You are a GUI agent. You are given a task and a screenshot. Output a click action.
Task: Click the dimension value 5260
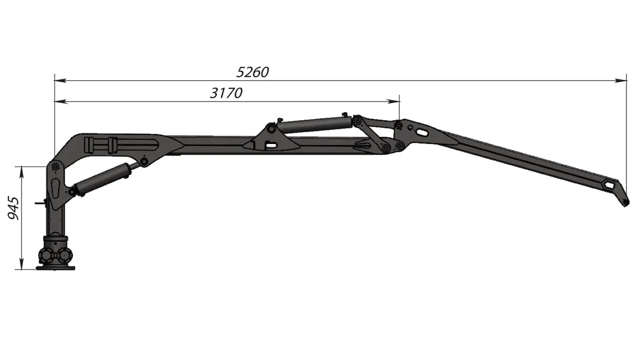point(252,72)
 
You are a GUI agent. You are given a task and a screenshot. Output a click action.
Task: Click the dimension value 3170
point(226,93)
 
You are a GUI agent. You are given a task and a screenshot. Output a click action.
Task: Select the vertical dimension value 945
point(13,208)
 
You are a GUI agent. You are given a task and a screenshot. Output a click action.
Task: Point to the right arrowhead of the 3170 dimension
point(393,101)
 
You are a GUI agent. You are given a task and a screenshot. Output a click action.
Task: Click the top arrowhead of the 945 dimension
point(22,173)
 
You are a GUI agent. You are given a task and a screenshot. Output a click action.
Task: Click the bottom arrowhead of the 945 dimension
point(22,263)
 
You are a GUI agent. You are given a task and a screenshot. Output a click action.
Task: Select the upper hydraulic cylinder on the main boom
point(315,125)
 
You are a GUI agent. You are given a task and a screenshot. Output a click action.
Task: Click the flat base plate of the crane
point(56,268)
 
